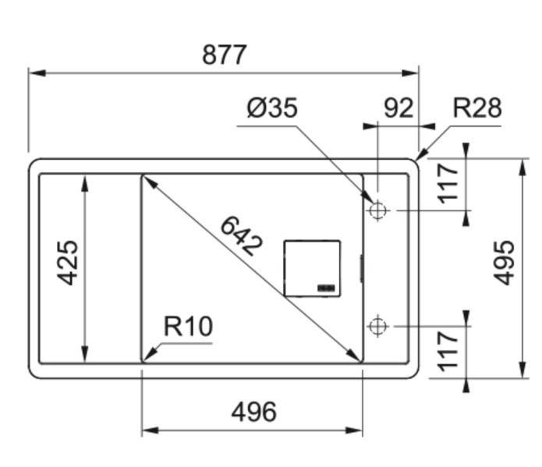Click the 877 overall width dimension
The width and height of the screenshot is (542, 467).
click(224, 55)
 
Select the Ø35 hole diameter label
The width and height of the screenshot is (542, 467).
click(272, 108)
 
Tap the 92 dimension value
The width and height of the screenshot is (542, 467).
click(398, 108)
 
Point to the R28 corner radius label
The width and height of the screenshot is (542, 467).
click(476, 108)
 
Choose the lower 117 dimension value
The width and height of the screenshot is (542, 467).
click(449, 350)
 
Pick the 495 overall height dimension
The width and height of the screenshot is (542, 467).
click(505, 263)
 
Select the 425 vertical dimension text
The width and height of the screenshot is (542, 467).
click(69, 263)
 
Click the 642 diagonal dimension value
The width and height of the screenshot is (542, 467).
click(241, 235)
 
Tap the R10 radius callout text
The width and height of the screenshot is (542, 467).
click(187, 327)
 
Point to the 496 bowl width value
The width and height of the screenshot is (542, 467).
click(253, 411)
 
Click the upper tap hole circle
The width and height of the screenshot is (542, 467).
click(378, 211)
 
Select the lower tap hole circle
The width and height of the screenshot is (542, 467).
click(378, 326)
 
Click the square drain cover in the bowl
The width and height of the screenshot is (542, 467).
click(312, 268)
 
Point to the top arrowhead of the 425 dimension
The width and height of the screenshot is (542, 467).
click(84, 180)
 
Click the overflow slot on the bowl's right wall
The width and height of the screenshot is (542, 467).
click(361, 267)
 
